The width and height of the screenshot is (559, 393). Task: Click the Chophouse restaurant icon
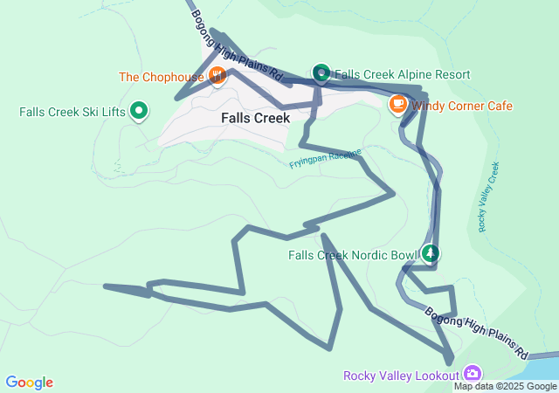[217, 76]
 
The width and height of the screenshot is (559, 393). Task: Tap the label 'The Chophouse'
[162, 77]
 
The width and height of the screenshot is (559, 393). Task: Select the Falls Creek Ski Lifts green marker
[138, 111]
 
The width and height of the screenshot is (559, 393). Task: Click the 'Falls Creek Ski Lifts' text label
[72, 112]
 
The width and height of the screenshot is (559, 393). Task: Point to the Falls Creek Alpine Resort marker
[321, 74]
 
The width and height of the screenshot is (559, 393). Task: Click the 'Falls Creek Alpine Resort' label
[403, 75]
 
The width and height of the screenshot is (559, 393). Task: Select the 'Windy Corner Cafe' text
[462, 106]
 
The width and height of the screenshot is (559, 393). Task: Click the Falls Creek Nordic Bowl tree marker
[430, 255]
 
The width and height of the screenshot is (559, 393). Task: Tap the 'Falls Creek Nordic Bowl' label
[354, 256]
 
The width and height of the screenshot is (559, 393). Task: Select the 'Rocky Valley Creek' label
[488, 197]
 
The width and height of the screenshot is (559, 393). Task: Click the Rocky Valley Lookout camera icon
[473, 373]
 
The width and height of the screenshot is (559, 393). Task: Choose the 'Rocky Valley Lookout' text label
[401, 376]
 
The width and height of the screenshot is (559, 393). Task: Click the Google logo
[30, 383]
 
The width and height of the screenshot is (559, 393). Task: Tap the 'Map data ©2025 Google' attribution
[505, 386]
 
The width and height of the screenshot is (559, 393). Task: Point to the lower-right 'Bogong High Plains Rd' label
[478, 333]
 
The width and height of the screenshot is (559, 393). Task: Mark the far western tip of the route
[105, 286]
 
